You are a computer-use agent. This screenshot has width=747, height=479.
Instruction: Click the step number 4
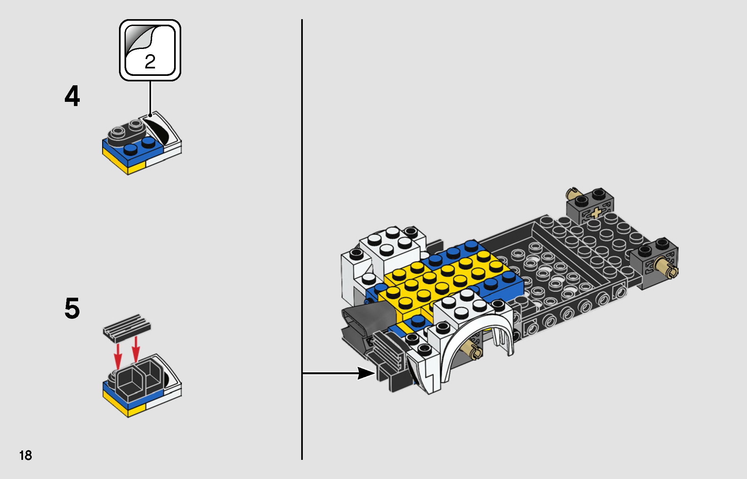[x=72, y=96]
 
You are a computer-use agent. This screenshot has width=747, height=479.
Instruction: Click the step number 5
[x=72, y=308]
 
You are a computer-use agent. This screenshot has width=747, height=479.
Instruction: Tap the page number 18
[x=26, y=455]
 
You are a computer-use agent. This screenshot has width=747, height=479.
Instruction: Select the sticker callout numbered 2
[x=150, y=50]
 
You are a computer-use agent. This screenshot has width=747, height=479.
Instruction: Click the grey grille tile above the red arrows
[x=127, y=328]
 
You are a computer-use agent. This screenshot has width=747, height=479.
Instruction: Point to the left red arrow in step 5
[x=118, y=356]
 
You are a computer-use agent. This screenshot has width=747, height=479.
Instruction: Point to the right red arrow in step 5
[x=136, y=349]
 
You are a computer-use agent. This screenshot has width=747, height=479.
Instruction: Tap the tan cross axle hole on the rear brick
[x=596, y=213]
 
